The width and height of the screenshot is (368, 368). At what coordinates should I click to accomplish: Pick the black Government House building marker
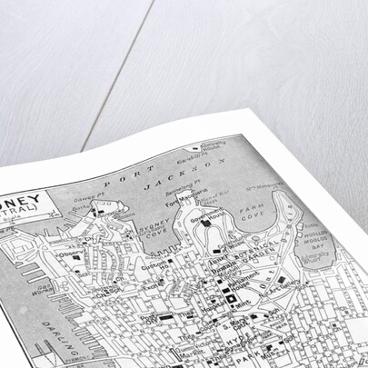coord(206,221)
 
